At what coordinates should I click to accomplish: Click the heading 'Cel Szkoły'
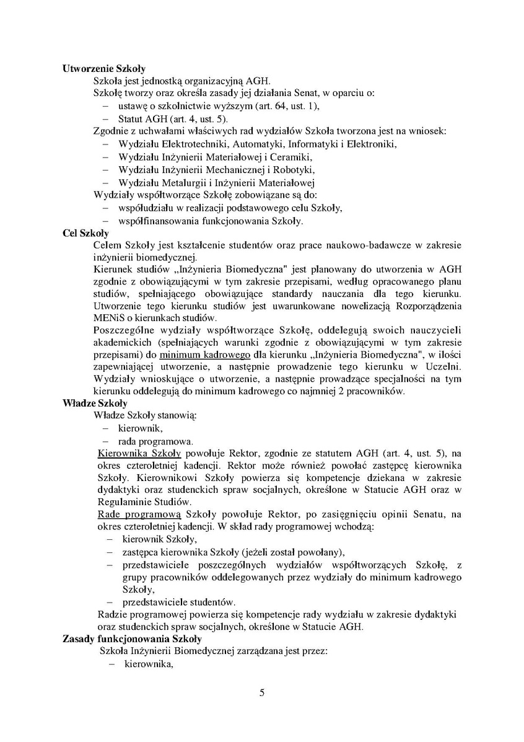click(x=85, y=233)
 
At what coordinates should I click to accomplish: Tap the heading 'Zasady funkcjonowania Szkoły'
click(x=132, y=638)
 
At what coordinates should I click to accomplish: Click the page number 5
click(x=262, y=692)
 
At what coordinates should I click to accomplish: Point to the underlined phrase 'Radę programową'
click(x=139, y=515)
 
